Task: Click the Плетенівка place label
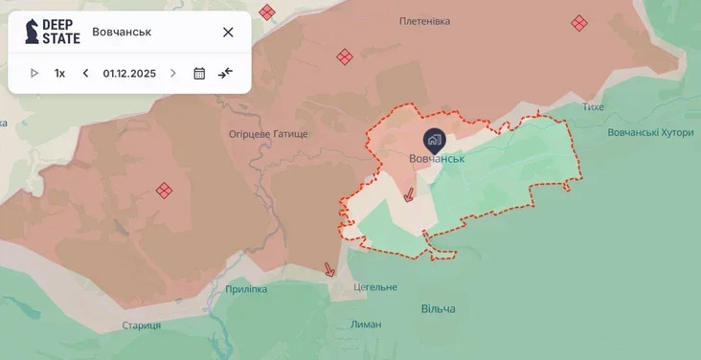click(x=426, y=20)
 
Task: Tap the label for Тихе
click(x=593, y=106)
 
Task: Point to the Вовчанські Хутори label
click(x=650, y=132)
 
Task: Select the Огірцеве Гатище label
click(x=268, y=134)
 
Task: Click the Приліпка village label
click(x=247, y=288)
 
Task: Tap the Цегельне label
click(x=374, y=287)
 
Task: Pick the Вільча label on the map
click(x=438, y=308)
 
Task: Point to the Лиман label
click(x=366, y=325)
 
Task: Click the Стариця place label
click(x=142, y=326)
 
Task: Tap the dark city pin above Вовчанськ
click(x=435, y=140)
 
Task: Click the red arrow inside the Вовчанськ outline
click(x=409, y=194)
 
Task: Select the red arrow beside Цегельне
click(x=329, y=269)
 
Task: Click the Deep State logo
click(x=53, y=32)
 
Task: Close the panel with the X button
click(x=228, y=32)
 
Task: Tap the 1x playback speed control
click(x=59, y=73)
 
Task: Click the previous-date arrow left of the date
click(x=85, y=73)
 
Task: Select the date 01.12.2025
click(x=129, y=73)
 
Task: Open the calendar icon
click(x=199, y=73)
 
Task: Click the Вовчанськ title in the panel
click(x=122, y=32)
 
